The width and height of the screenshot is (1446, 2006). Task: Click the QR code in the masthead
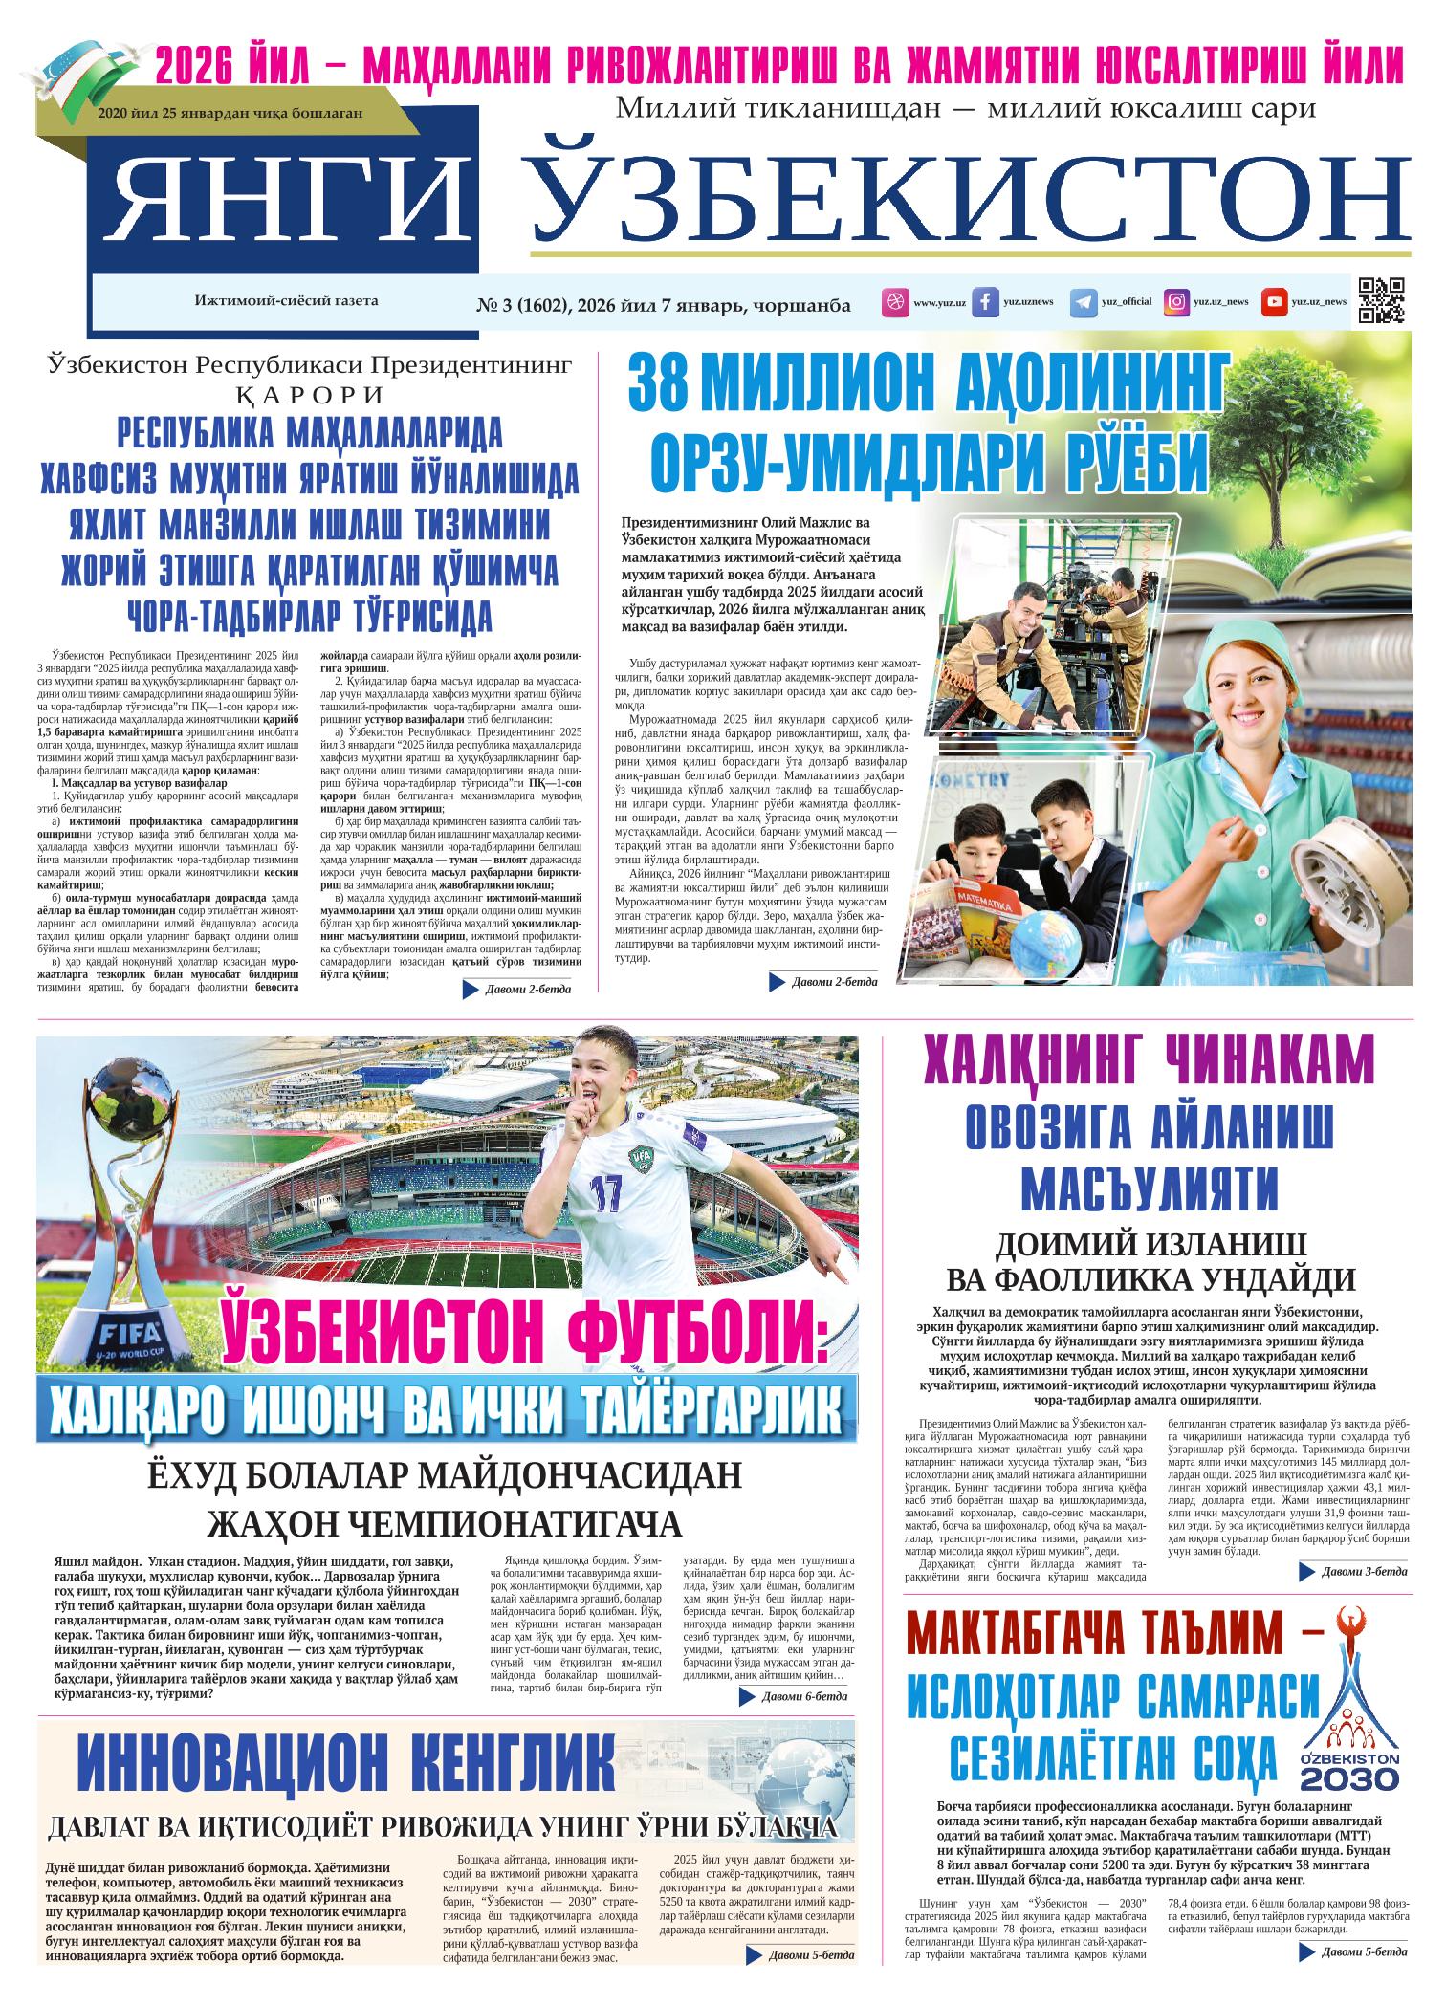1381,300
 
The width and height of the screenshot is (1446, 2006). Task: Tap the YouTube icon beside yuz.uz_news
1273,302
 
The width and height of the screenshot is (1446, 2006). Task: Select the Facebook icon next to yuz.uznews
985,302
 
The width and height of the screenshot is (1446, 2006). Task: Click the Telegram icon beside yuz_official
1083,302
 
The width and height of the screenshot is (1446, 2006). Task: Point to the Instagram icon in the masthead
1176,302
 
